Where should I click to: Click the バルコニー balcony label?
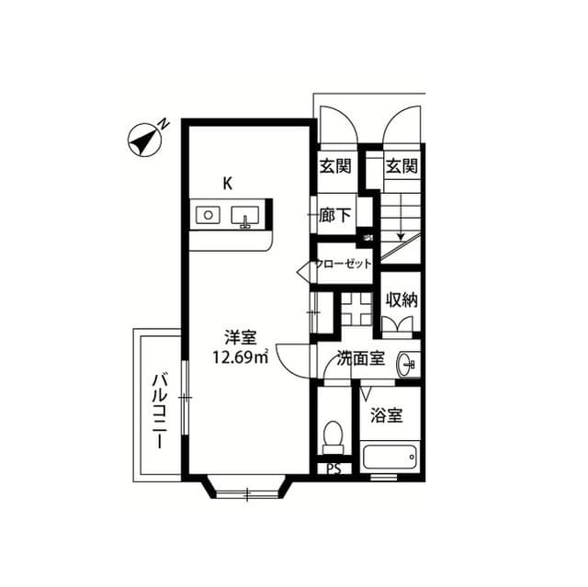(x=158, y=409)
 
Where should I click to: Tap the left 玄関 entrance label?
(x=335, y=166)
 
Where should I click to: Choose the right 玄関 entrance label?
(x=401, y=166)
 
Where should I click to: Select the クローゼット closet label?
(x=344, y=265)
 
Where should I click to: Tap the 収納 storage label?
(x=401, y=299)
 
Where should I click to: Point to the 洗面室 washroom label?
(x=359, y=359)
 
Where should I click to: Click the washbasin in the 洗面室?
(x=408, y=365)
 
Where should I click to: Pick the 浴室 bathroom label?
(x=386, y=415)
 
